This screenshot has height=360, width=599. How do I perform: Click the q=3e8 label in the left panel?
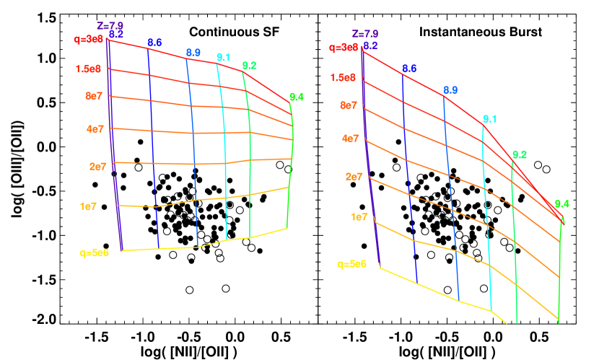click(x=89, y=40)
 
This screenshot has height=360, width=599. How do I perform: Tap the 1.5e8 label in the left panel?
click(x=90, y=69)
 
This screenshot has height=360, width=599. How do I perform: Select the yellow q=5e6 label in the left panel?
click(x=95, y=253)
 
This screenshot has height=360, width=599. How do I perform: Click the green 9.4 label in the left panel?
click(x=297, y=97)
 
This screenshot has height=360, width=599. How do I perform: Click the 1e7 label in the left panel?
click(x=88, y=206)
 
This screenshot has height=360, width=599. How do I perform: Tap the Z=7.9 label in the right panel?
click(x=365, y=34)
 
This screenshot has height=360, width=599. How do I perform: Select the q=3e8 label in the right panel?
click(x=343, y=48)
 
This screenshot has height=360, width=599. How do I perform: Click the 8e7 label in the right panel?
click(x=349, y=106)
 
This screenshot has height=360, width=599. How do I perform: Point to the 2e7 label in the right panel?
click(x=354, y=177)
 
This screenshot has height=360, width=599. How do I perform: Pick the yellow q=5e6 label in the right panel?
click(x=351, y=264)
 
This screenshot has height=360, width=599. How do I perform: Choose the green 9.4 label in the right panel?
click(x=561, y=204)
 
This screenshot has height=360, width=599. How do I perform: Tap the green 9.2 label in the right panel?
click(x=519, y=154)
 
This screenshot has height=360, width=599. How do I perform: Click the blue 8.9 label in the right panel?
click(x=450, y=90)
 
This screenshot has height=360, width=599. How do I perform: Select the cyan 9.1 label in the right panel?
click(x=489, y=119)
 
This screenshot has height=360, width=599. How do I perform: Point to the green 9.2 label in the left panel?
click(x=250, y=66)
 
